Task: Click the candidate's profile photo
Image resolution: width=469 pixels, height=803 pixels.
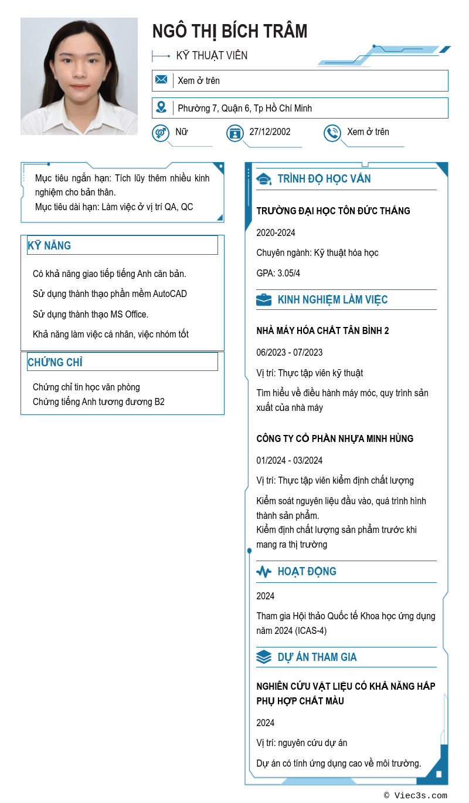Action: click(x=79, y=76)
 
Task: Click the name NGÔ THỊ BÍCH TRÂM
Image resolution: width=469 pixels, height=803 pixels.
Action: click(x=230, y=31)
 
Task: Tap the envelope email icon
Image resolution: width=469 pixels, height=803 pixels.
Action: click(x=161, y=80)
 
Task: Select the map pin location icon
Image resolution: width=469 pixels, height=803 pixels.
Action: click(x=161, y=107)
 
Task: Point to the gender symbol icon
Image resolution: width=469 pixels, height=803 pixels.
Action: click(x=160, y=133)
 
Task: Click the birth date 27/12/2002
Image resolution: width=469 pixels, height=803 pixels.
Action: click(x=270, y=132)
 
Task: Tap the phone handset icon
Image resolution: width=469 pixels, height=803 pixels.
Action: click(x=332, y=133)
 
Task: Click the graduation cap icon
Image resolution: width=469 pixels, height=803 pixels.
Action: click(x=264, y=179)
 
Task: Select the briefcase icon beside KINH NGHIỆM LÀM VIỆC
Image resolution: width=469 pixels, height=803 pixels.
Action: click(x=264, y=300)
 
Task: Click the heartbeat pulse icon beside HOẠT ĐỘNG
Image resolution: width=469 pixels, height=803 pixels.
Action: click(x=264, y=572)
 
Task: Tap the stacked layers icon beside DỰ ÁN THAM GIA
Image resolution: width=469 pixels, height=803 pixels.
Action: click(x=264, y=657)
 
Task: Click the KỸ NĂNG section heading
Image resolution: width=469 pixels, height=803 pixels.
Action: click(x=49, y=245)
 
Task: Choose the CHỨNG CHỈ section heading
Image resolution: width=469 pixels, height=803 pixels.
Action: click(x=55, y=362)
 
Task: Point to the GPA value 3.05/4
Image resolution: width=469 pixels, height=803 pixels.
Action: click(x=288, y=274)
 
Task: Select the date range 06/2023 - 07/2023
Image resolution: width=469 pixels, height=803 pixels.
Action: click(x=290, y=352)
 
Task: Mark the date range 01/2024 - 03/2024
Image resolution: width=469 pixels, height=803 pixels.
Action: click(x=290, y=460)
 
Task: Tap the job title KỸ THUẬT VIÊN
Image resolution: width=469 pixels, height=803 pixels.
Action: click(x=212, y=56)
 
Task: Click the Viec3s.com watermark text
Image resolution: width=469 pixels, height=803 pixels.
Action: click(x=416, y=795)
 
